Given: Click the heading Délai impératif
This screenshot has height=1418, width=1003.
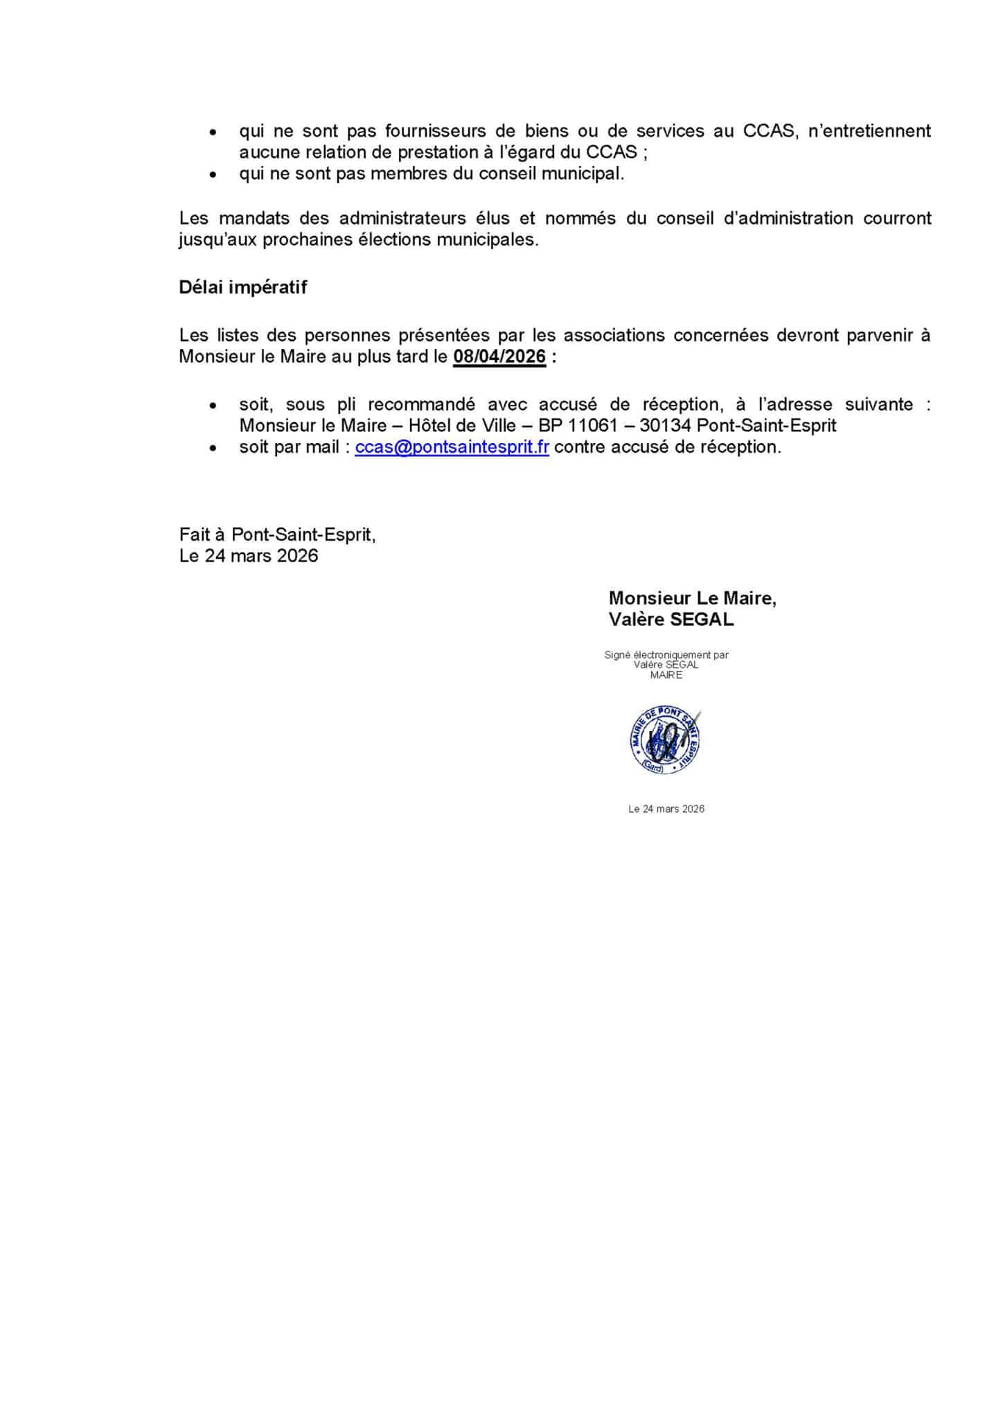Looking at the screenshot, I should pos(242,287).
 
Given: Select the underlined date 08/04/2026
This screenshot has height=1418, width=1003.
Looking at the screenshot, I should pos(499,357).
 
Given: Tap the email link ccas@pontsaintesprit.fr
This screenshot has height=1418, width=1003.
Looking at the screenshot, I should pos(452,447).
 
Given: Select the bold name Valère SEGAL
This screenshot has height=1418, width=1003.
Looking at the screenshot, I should pos(671,620).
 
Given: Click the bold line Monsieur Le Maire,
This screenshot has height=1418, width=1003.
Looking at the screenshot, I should pos(692,598).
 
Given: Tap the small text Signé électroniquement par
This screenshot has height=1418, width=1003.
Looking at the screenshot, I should pos(666,654).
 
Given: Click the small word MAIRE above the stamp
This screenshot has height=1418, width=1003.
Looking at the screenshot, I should pos(666,675).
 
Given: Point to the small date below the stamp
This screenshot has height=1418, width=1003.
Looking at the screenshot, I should pos(666,809).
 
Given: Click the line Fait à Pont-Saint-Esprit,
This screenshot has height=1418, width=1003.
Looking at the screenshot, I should pos(277,535).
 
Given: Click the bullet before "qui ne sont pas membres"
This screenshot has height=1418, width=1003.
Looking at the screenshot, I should pos(213,174).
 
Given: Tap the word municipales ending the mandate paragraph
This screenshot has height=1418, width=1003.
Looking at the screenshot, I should pos(486,240).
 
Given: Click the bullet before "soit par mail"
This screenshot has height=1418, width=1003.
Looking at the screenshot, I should pos(213,448).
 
